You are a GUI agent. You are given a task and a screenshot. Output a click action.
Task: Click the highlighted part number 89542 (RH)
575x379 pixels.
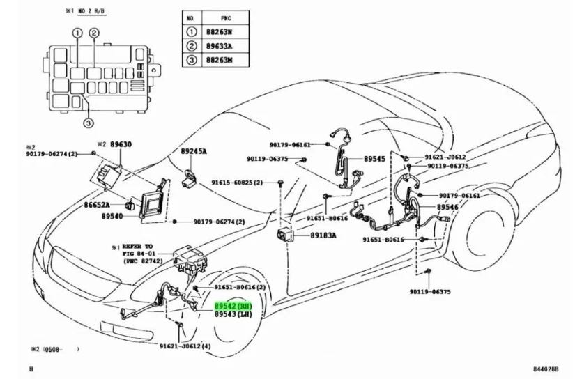click(233, 305)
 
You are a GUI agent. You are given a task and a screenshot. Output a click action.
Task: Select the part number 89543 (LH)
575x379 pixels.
click(233, 315)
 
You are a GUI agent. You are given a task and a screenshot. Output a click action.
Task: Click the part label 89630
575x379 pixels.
click(122, 144)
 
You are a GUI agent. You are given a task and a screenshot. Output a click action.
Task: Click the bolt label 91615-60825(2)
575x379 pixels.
click(237, 183)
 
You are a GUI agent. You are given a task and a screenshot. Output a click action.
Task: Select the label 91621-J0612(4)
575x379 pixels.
click(187, 346)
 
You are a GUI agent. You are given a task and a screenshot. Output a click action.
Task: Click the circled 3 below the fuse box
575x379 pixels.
click(88, 124)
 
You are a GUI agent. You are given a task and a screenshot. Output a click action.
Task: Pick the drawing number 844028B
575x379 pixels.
click(546, 369)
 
